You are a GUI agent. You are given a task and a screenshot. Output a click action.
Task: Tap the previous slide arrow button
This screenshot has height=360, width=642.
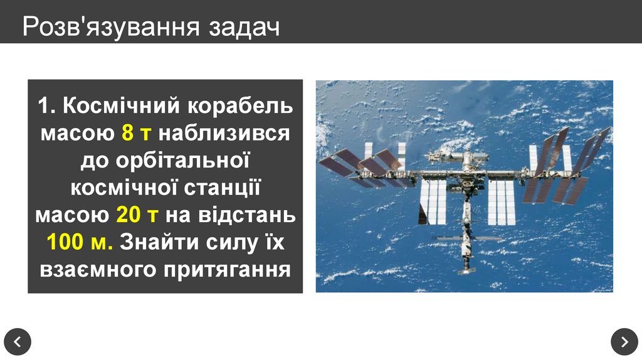coord(18,341)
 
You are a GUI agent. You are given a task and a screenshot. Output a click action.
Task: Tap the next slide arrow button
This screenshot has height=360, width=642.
coord(624,341)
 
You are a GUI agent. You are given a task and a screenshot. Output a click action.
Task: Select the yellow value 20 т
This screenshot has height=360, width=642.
coord(137,214)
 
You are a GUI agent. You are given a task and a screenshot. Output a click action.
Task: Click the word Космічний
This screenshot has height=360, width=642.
coord(119,106)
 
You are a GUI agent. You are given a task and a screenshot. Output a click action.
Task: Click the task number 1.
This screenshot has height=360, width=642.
coord(43,106)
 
